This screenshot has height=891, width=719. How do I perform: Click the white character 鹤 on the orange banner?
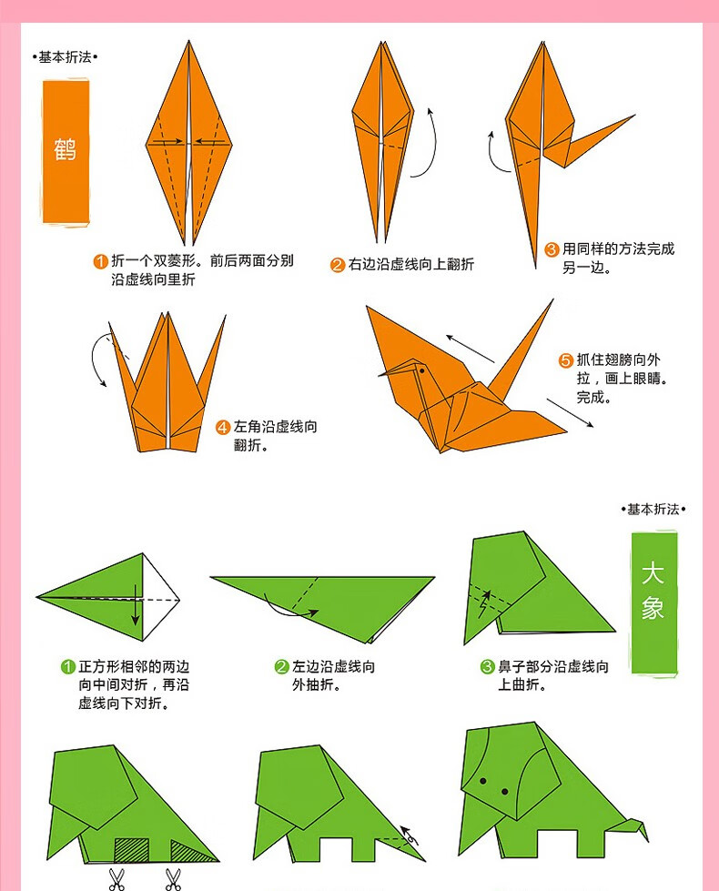coord(66,149)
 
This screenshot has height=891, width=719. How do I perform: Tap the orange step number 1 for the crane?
coord(101,262)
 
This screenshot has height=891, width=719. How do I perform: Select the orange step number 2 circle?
coord(337,265)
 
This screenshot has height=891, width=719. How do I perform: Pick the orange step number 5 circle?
coord(565,360)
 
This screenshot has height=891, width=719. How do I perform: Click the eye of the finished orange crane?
coord(420,371)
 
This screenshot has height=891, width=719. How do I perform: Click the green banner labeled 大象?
coord(653,602)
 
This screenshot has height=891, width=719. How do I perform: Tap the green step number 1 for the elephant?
coord(67,667)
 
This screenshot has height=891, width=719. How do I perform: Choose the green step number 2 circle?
coord(281,667)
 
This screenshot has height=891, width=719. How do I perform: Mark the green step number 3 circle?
coord(487,667)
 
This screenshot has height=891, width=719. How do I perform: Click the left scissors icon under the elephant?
coord(117,878)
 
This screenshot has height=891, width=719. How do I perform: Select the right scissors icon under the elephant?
coord(172,878)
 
